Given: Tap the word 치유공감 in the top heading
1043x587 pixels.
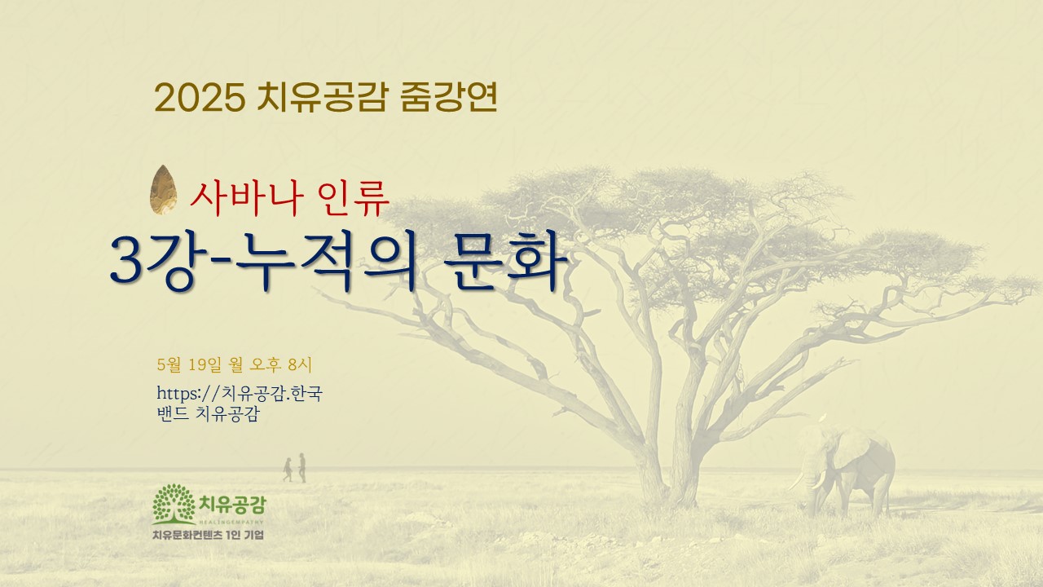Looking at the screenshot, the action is [322, 97].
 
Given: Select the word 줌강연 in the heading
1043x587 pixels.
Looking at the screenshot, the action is [448, 97].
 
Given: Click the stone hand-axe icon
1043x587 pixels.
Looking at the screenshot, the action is [163, 190].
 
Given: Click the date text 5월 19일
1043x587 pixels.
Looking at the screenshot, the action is [190, 364].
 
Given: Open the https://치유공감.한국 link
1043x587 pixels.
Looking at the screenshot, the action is [240, 393].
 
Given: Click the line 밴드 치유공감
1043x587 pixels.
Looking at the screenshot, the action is [208, 413].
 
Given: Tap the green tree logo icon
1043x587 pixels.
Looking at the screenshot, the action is [174, 504].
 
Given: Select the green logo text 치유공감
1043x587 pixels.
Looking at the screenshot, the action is [232, 505].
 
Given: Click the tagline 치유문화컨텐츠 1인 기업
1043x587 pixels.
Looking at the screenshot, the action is [208, 535].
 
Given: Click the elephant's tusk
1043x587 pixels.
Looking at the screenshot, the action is [800, 482].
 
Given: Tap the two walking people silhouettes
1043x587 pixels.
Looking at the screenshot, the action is [295, 468].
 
